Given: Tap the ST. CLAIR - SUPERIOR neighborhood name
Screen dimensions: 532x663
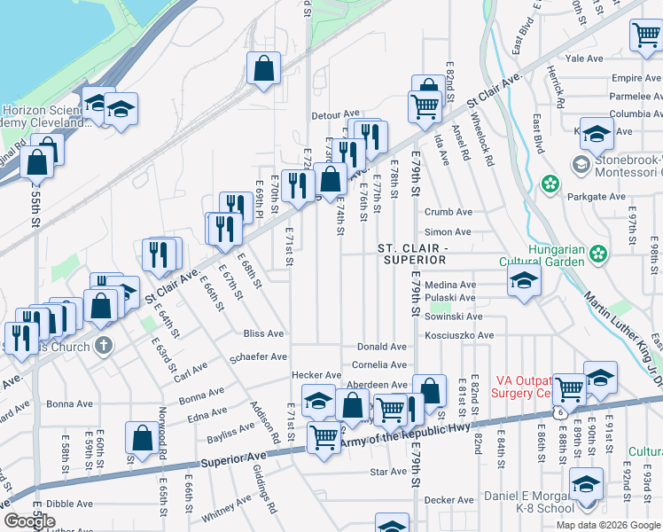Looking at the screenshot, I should tap(414, 253).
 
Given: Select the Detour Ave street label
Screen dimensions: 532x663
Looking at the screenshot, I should tap(335, 114).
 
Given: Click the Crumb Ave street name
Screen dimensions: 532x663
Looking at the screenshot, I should tap(448, 212).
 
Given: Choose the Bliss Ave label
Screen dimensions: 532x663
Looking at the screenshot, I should tap(263, 334).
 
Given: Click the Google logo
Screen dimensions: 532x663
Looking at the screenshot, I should tap(30, 521).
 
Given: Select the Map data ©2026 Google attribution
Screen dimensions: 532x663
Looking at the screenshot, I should tap(607, 525).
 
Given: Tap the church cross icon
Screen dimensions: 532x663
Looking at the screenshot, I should tap(104, 345).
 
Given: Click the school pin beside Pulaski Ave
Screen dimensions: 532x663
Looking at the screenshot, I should tap(524, 283).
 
